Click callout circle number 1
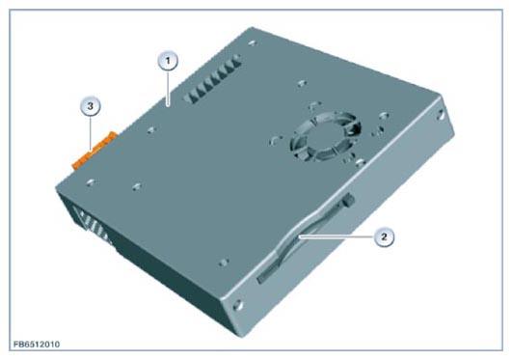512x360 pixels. [168, 61]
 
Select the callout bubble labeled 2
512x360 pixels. [384, 236]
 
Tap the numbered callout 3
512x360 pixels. [91, 106]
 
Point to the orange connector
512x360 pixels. [94, 151]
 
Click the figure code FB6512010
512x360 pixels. [37, 345]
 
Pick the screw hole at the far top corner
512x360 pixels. [252, 42]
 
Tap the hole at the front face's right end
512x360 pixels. [440, 115]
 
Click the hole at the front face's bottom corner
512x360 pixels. [239, 305]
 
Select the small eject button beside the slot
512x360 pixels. [349, 199]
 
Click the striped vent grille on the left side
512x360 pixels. [93, 225]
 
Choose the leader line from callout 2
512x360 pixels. [337, 236]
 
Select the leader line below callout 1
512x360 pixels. [168, 88]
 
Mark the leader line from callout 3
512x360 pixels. [91, 133]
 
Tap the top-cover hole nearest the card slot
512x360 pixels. [224, 263]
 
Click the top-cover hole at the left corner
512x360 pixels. [91, 182]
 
